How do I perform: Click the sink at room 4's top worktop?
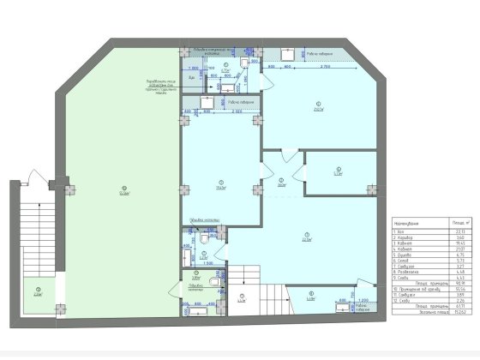304,54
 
